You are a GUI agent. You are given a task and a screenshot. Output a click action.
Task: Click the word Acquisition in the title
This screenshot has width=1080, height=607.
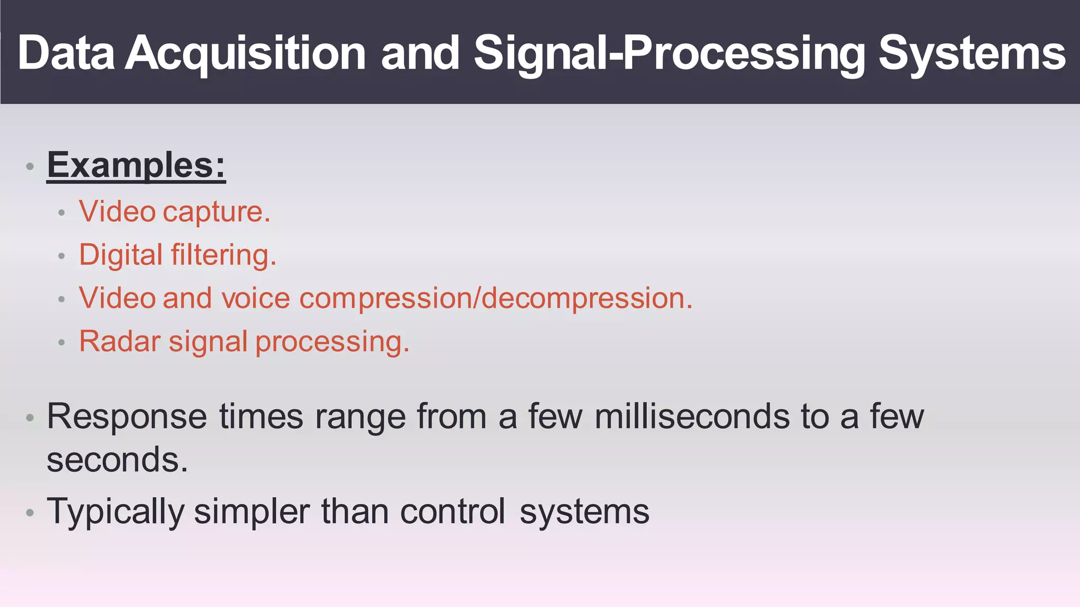(x=245, y=53)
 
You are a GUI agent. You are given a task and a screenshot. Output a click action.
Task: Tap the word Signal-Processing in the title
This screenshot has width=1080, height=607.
(x=669, y=53)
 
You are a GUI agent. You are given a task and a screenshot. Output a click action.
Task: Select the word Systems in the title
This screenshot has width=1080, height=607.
(x=971, y=53)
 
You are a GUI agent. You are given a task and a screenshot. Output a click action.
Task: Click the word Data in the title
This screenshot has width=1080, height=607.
(x=66, y=53)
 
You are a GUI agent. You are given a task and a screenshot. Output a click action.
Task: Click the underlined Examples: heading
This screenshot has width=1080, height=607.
(x=136, y=166)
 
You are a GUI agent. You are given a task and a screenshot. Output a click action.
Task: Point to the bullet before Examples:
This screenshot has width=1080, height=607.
(x=30, y=167)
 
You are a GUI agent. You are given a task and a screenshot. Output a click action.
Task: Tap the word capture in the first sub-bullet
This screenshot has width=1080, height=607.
(x=216, y=213)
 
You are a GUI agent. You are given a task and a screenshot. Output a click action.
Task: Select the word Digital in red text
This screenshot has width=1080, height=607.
(x=121, y=255)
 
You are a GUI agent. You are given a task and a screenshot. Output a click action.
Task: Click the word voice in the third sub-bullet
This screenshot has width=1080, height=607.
(x=255, y=298)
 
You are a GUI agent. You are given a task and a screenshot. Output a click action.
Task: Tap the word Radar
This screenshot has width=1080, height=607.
(x=119, y=341)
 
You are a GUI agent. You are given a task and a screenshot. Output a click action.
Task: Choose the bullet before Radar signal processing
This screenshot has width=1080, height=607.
(x=62, y=343)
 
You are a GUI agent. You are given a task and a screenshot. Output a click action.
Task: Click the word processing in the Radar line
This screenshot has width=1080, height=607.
(x=332, y=342)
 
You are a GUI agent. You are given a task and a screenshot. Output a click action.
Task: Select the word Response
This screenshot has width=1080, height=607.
(x=127, y=417)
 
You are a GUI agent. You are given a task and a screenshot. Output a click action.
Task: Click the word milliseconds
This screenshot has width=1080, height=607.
(x=692, y=417)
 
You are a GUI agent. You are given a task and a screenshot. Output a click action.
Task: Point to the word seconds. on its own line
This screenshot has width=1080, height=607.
(x=117, y=460)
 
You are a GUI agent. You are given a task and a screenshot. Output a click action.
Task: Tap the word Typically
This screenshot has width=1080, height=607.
(x=115, y=512)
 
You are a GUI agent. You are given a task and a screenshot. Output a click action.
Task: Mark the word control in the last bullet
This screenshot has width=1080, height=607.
(x=452, y=511)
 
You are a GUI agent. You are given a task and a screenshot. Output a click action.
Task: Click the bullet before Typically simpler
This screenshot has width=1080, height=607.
(x=30, y=513)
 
